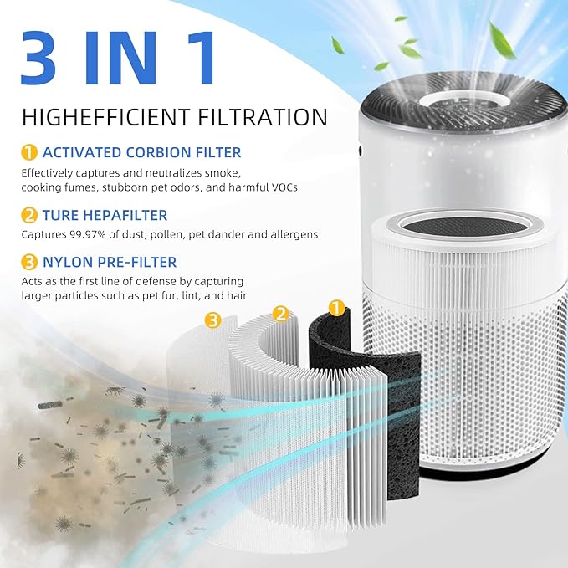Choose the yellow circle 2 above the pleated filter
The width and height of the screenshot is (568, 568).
(281, 315)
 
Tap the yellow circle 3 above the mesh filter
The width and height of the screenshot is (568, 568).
(213, 320)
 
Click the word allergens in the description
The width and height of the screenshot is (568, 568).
(289, 234)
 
